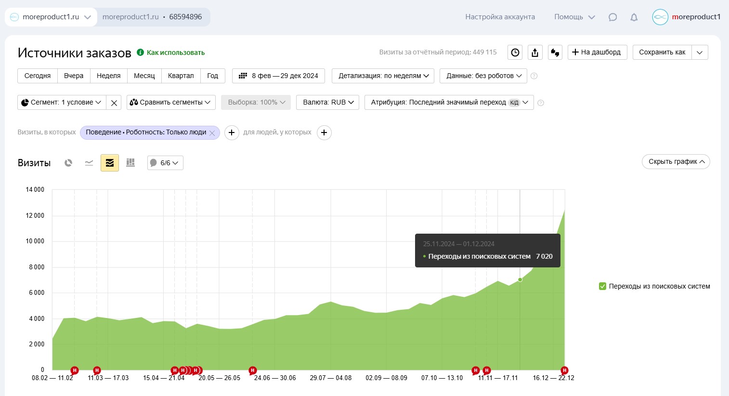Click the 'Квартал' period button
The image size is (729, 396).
click(x=181, y=76)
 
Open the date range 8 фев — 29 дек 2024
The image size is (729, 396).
click(x=279, y=76)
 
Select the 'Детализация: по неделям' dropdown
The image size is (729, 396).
click(x=383, y=76)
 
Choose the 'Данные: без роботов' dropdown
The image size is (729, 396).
click(x=483, y=76)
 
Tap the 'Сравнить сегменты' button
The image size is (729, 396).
click(x=171, y=102)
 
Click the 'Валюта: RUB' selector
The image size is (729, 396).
click(x=328, y=102)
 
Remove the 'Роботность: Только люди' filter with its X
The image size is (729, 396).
click(x=212, y=133)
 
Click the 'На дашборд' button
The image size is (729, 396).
click(x=597, y=52)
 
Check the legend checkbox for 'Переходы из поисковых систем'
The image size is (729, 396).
click(x=603, y=286)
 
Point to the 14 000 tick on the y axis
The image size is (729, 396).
click(x=35, y=189)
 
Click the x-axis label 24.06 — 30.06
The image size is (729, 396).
click(x=274, y=378)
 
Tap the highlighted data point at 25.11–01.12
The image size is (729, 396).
click(x=520, y=280)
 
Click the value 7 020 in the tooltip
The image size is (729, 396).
click(x=544, y=256)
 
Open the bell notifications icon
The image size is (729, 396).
click(x=634, y=17)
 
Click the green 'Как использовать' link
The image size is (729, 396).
click(x=175, y=53)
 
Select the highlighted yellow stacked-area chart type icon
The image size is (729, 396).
click(x=110, y=163)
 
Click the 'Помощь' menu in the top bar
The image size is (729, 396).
click(x=574, y=17)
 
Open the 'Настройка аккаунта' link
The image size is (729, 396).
click(x=500, y=17)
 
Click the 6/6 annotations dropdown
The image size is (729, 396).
click(x=165, y=163)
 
